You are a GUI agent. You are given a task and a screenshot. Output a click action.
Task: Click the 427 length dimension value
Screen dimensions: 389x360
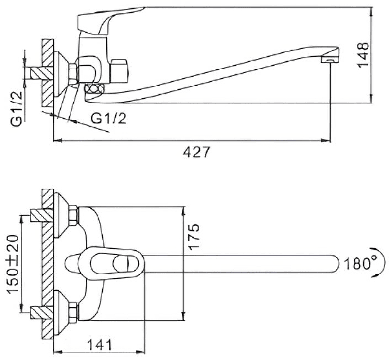point(196,152)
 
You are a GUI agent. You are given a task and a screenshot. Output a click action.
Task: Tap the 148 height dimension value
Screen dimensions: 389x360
point(363,55)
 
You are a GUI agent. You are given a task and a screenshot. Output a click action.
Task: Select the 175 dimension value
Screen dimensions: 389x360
point(194,237)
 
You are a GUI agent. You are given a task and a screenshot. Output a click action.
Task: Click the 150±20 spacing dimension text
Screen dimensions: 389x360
point(13,265)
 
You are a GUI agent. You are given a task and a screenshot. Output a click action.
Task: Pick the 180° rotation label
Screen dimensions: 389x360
point(360,263)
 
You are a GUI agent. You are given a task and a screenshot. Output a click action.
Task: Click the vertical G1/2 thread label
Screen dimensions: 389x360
point(17,108)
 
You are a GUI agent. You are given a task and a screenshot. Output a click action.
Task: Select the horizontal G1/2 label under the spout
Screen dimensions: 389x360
point(108,119)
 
